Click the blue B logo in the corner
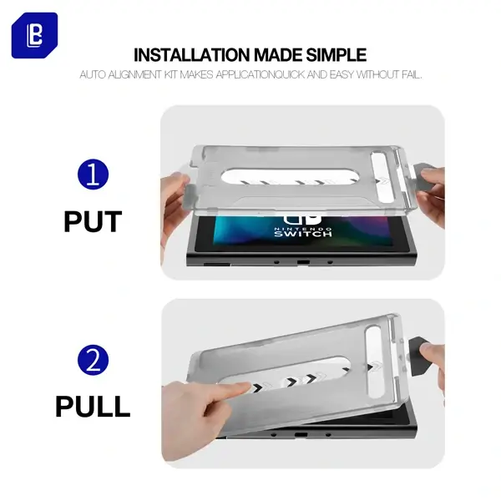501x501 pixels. [34, 35]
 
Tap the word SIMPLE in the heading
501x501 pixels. [337, 55]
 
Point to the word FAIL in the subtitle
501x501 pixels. [412, 75]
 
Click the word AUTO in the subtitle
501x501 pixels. [93, 75]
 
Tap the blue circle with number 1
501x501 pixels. [93, 175]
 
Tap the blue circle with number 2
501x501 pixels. [93, 360]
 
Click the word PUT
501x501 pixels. [93, 222]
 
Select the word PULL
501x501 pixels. [93, 407]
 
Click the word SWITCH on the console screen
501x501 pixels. [303, 234]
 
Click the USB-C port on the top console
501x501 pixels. [303, 262]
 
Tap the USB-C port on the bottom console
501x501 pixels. [301, 435]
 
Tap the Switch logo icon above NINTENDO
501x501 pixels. [302, 219]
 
